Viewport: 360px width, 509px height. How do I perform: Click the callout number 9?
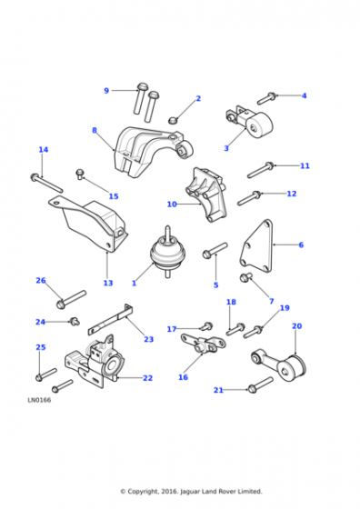[106, 91]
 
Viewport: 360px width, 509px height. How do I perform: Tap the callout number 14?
[44, 150]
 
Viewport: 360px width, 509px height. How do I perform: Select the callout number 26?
[41, 281]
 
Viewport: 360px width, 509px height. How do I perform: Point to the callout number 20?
[296, 326]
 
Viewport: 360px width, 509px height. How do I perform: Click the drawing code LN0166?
[39, 400]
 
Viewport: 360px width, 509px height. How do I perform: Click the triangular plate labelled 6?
[257, 246]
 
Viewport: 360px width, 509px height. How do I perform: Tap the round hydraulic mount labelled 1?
[166, 253]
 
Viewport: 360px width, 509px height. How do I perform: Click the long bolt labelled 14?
[46, 183]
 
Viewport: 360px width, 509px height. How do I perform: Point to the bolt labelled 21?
[260, 384]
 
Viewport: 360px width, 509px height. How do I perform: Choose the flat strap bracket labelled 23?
[111, 319]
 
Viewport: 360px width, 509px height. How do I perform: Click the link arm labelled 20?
[279, 364]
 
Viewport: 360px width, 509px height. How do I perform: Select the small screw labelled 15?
[79, 174]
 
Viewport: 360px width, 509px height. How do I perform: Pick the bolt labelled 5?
[215, 250]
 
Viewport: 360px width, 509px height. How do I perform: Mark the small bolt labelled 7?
[246, 277]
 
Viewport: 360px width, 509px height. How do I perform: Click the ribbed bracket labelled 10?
[205, 195]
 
